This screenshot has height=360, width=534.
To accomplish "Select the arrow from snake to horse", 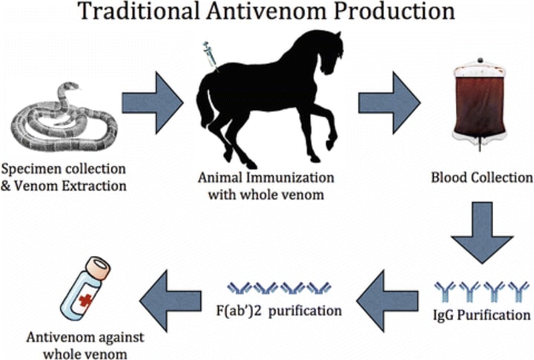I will coord(151,101).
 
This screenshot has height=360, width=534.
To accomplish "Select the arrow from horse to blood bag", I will coord(389,101).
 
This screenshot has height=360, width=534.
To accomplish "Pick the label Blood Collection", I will coord(481,178).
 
